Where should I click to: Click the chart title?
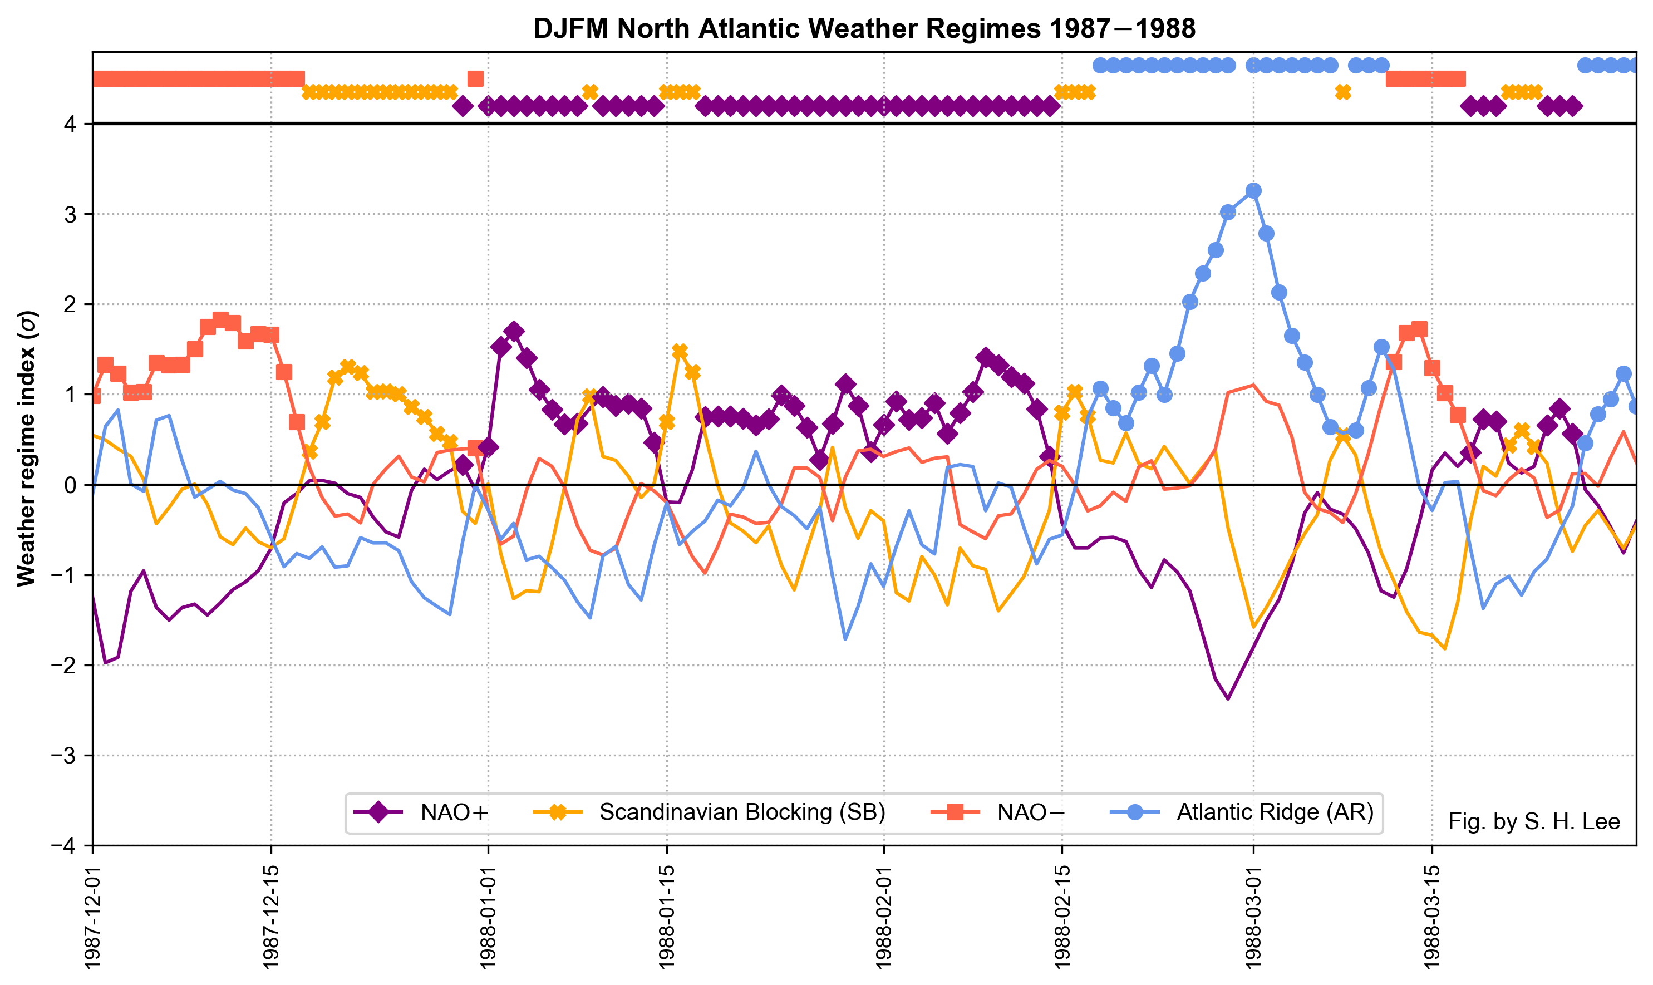(x=864, y=29)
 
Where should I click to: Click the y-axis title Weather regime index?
(x=27, y=449)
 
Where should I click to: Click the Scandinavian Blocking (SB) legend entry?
(x=710, y=812)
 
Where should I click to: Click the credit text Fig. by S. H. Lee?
(x=1533, y=822)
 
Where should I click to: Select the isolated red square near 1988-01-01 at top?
(x=475, y=79)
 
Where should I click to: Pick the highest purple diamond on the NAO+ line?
(x=513, y=331)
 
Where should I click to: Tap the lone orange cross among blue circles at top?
(x=1343, y=92)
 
